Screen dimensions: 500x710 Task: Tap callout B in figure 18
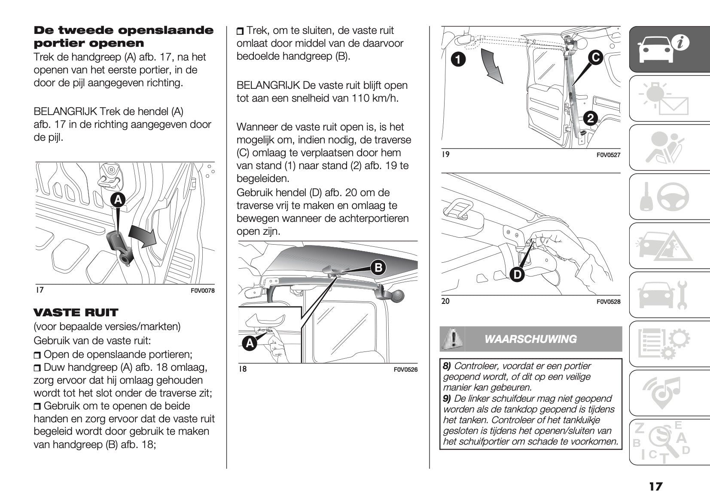pyautogui.click(x=378, y=268)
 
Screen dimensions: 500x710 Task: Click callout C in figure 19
pyautogui.click(x=595, y=58)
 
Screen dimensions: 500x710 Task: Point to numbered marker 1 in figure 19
pyautogui.click(x=458, y=59)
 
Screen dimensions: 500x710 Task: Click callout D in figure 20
pyautogui.click(x=517, y=274)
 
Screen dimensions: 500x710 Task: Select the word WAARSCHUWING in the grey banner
pyautogui.click(x=530, y=339)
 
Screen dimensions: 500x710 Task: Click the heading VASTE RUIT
pyautogui.click(x=76, y=312)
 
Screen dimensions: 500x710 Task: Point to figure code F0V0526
pyautogui.click(x=405, y=369)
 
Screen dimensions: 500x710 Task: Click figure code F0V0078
pyautogui.click(x=202, y=291)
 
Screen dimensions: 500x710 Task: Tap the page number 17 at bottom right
pyautogui.click(x=655, y=486)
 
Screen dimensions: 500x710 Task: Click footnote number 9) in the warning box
pyautogui.click(x=447, y=398)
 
